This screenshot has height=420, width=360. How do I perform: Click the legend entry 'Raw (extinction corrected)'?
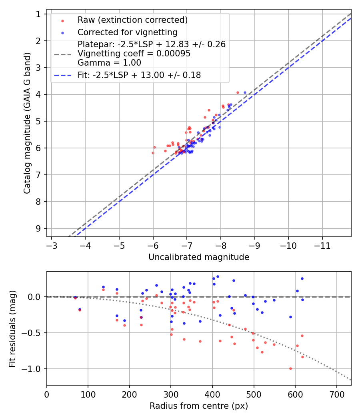(132, 20)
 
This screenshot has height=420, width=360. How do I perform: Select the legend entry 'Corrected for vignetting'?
(127, 32)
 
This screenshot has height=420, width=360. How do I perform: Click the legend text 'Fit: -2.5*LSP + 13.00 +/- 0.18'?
(139, 75)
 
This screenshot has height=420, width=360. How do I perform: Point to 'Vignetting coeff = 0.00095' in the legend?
(134, 54)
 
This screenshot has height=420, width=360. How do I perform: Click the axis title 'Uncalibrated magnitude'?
(199, 257)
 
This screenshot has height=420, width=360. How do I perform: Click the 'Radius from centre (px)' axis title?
(199, 406)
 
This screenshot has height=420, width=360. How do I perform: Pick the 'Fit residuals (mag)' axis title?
(12, 328)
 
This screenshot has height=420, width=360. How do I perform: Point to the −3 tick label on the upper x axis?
(51, 245)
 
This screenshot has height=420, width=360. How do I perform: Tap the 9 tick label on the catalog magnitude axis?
(38, 228)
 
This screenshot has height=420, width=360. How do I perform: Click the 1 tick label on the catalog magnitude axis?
(38, 14)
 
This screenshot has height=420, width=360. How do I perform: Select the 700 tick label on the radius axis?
(336, 394)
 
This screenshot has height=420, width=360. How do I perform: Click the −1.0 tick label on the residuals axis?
(34, 369)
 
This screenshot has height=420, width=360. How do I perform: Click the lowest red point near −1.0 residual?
(290, 368)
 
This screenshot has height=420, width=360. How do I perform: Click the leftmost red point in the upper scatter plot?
(153, 153)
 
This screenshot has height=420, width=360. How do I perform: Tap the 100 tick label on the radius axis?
(88, 394)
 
